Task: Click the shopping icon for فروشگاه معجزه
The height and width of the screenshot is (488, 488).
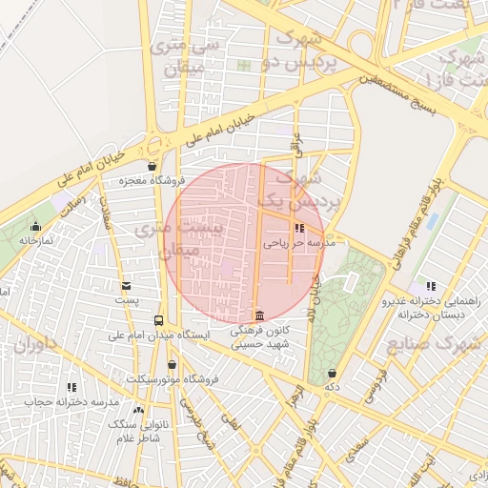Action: click(x=152, y=166)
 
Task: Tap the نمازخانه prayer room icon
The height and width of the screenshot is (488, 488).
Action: click(x=36, y=227)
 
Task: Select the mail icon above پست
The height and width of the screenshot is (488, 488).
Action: click(x=126, y=286)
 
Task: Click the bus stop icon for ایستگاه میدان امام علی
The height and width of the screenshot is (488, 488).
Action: click(x=158, y=320)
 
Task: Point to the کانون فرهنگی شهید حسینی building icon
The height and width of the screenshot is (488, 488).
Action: click(x=258, y=316)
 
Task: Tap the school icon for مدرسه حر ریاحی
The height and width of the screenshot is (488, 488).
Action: click(x=300, y=229)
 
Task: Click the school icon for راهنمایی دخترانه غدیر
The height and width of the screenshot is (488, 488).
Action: click(x=431, y=286)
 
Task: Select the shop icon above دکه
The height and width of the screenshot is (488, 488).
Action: click(x=332, y=373)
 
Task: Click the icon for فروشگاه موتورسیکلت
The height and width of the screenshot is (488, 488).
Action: click(x=172, y=364)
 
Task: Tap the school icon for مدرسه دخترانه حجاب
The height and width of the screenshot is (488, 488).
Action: click(x=71, y=387)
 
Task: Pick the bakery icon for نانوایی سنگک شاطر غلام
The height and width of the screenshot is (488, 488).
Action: click(x=138, y=410)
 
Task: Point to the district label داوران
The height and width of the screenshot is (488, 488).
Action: click(x=35, y=343)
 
